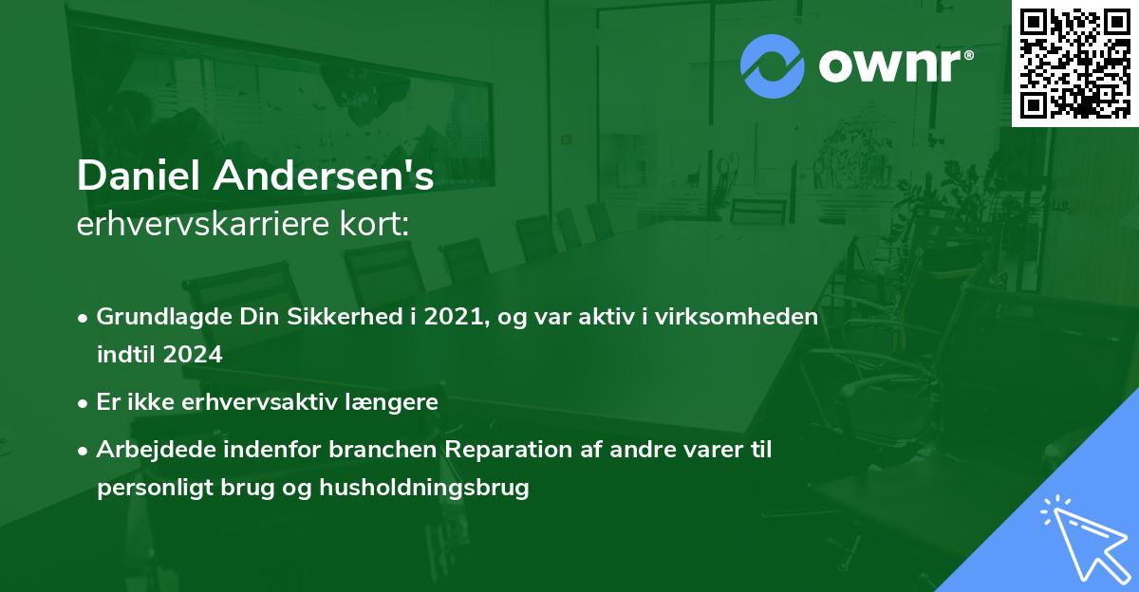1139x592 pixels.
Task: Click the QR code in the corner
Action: pos(1075,63)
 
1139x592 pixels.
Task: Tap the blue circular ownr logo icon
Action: pos(773,66)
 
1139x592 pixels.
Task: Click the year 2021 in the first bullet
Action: pos(453,317)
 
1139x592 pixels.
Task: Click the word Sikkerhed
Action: pos(336,317)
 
